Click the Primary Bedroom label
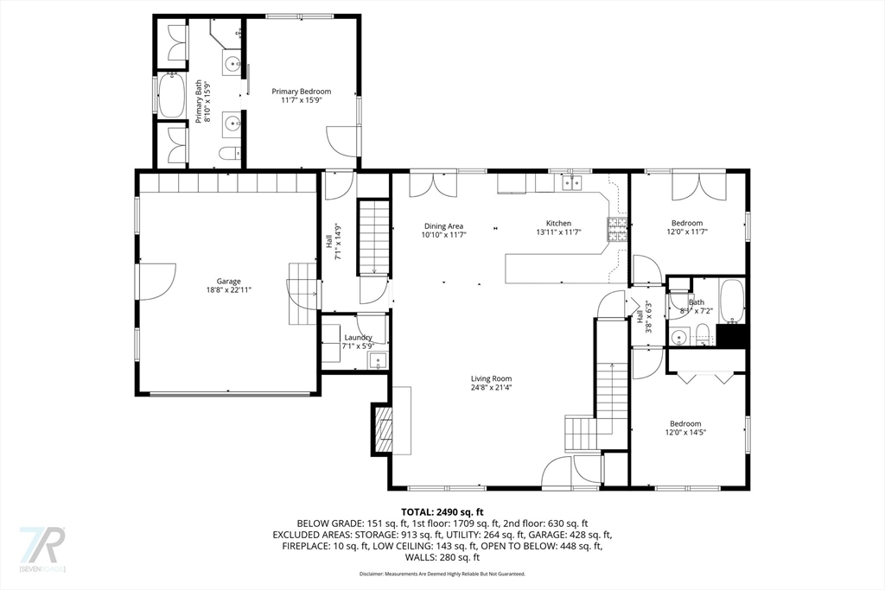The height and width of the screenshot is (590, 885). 301,92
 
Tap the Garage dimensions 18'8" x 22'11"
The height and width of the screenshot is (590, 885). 228,291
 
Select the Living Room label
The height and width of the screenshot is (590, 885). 491,378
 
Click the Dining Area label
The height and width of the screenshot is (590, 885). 443,225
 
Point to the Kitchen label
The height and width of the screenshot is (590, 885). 558,223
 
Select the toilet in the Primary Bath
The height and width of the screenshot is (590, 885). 229,154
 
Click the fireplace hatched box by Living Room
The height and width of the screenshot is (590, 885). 382,429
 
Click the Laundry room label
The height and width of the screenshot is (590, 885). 358,338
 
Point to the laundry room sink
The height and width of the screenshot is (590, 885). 378,362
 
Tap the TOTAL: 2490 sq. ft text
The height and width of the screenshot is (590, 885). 442,511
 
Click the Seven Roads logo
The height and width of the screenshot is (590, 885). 42,549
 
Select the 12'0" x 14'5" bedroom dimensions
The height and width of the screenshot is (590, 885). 684,434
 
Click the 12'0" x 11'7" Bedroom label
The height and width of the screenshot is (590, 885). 687,223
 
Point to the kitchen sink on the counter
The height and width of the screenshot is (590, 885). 570,182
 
